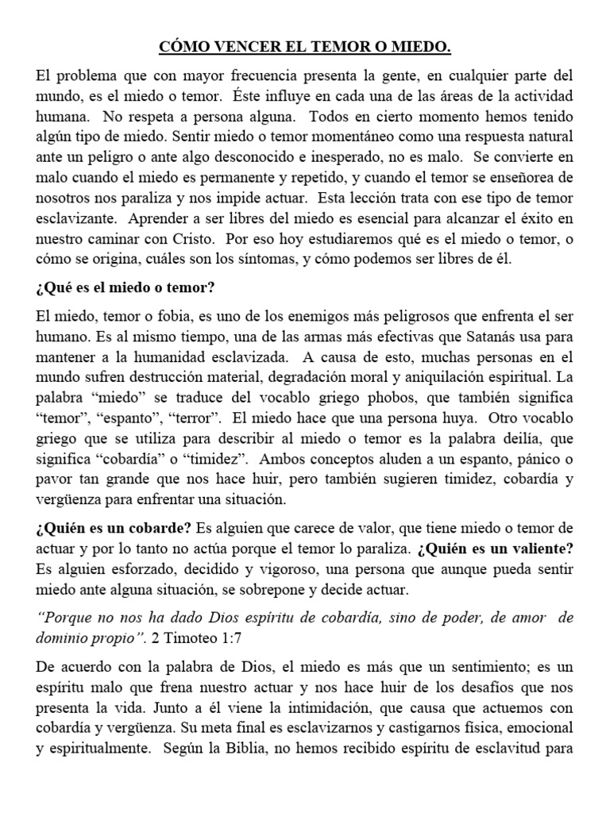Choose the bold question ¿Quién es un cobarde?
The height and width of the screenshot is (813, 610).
(112, 529)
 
